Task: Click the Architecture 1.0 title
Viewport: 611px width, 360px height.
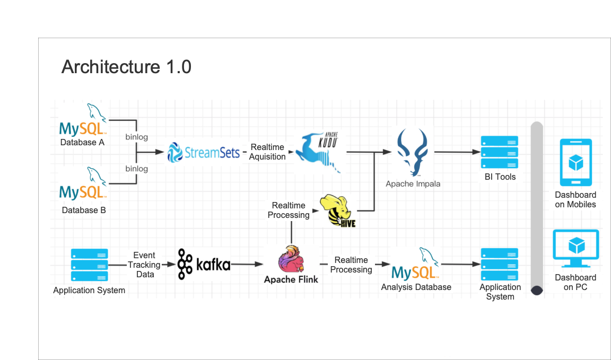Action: pyautogui.click(x=126, y=67)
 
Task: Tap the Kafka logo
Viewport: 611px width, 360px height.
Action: pyautogui.click(x=204, y=264)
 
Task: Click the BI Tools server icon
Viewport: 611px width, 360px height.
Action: pyautogui.click(x=500, y=153)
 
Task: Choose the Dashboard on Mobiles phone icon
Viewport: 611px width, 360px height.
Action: pyautogui.click(x=575, y=162)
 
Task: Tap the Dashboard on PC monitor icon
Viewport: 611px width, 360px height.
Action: pyautogui.click(x=575, y=248)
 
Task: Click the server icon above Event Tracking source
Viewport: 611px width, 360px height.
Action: pyautogui.click(x=89, y=265)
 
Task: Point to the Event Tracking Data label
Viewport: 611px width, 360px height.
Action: pyautogui.click(x=144, y=265)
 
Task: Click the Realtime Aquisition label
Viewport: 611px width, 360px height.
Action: pyautogui.click(x=267, y=152)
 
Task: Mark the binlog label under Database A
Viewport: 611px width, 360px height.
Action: pyautogui.click(x=136, y=137)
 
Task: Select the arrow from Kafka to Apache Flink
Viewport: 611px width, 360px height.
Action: pyautogui.click(x=247, y=264)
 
